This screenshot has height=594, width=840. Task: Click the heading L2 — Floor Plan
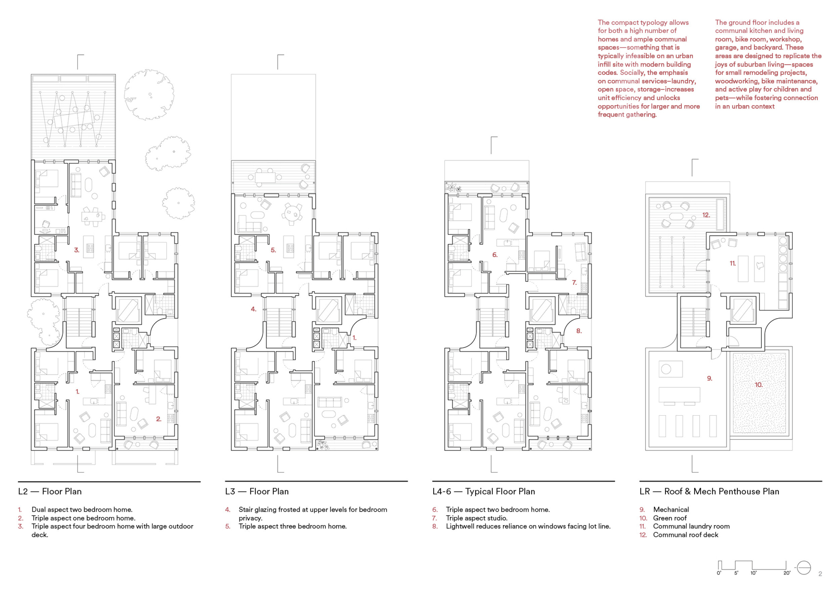50,491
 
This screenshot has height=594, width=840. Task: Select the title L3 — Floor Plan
257,491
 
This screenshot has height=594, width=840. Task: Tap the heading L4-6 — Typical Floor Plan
484,491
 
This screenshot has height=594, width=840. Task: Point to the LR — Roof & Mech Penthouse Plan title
709,491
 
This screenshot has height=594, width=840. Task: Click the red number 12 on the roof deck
706,215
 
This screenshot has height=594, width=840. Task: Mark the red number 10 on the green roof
759,385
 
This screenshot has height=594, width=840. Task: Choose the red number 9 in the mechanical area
710,378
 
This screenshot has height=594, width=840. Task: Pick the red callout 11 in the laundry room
733,263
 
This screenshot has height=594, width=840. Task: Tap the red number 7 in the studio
574,282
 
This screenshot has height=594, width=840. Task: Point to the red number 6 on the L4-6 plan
495,255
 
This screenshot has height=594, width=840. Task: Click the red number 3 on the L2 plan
77,250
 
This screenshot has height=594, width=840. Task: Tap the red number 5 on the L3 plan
273,250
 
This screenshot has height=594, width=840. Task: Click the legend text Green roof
670,518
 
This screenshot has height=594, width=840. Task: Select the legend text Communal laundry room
691,526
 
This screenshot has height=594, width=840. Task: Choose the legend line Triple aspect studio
477,518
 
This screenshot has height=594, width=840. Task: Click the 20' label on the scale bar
787,573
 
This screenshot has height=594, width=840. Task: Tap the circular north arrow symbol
804,568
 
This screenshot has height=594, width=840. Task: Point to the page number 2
820,574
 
